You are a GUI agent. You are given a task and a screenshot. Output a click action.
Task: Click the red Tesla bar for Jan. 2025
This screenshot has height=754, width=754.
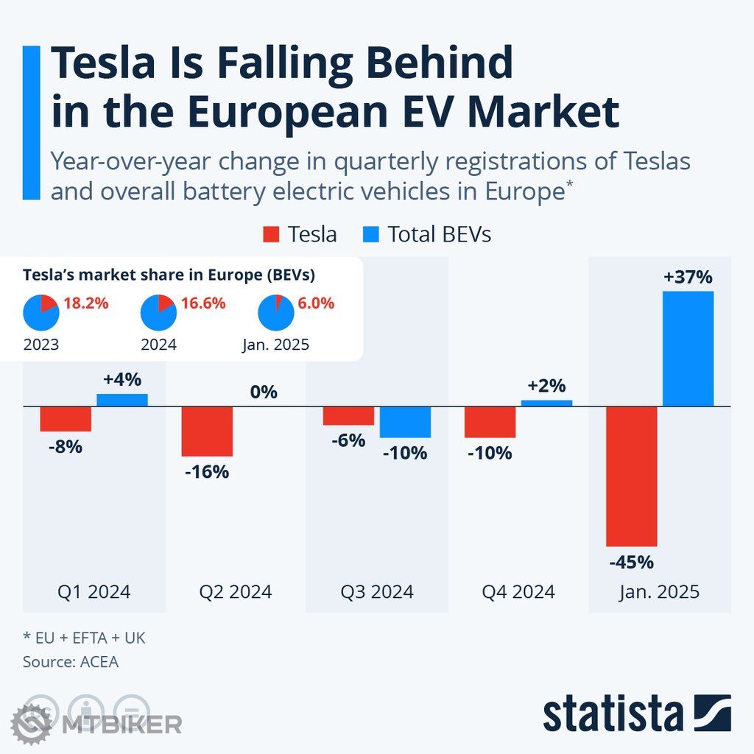(x=631, y=476)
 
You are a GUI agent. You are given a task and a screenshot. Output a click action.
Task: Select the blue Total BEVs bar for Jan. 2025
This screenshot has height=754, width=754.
(x=688, y=348)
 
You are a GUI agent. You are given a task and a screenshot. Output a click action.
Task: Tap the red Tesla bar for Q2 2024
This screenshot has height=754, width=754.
(x=207, y=431)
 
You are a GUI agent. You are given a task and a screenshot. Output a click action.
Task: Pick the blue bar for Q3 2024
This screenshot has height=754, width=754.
(x=405, y=422)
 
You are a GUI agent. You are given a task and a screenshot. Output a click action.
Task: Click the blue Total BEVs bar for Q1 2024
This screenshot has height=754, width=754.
(x=122, y=400)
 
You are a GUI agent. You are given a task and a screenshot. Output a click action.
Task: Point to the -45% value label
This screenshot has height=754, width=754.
(x=631, y=563)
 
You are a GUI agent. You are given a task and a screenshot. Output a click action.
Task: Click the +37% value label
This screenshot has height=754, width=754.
(x=688, y=278)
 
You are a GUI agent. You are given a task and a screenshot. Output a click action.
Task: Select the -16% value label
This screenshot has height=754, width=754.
(x=207, y=472)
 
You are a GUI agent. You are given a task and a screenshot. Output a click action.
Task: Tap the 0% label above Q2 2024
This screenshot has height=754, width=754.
(x=264, y=392)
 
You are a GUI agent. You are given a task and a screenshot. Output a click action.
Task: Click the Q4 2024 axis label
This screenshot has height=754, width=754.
(x=518, y=591)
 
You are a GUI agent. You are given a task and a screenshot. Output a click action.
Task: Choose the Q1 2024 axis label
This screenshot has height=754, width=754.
(x=94, y=591)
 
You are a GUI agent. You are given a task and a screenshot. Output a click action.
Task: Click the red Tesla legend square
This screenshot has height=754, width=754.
(x=271, y=235)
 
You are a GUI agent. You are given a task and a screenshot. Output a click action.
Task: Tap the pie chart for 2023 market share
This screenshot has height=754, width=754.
(x=40, y=313)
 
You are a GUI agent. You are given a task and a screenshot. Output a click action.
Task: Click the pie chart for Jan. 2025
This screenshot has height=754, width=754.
(x=276, y=313)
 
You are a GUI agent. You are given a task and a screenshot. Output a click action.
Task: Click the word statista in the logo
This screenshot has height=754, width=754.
(x=613, y=714)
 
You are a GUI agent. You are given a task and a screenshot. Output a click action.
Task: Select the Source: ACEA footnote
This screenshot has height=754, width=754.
(x=71, y=662)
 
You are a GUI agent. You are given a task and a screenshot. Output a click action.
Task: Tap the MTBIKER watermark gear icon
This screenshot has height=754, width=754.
(x=31, y=723)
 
